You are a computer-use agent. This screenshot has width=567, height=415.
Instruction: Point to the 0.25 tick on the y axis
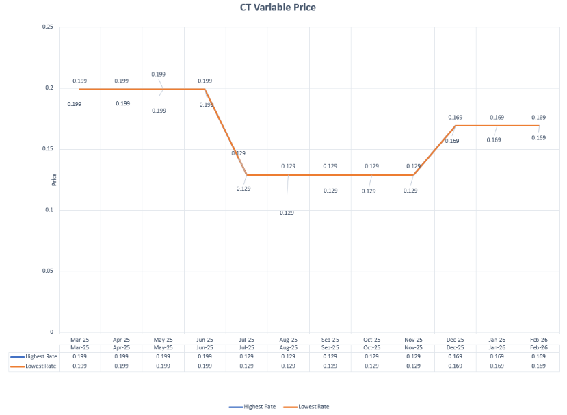point(48,27)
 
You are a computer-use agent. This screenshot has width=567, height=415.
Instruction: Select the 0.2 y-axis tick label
point(49,88)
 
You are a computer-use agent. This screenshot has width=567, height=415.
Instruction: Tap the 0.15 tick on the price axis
point(48,149)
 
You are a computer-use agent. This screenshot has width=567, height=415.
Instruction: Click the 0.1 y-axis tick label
point(49,210)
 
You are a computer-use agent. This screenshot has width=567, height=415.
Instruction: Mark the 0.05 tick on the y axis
point(48,271)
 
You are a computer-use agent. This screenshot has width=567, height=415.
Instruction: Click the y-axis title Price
point(54,180)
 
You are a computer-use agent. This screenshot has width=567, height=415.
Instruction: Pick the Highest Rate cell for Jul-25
point(246,356)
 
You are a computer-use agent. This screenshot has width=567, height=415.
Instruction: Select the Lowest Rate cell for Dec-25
point(455,366)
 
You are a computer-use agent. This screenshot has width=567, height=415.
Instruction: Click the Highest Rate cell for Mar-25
point(79,356)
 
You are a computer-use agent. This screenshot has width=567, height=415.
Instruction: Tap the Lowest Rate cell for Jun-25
point(205,366)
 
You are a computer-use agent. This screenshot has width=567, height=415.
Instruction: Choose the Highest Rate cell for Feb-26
point(538,356)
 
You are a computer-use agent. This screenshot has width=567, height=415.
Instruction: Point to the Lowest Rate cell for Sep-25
point(330,366)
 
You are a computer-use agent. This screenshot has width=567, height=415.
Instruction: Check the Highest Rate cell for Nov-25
point(413,356)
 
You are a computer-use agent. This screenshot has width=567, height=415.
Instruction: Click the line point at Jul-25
point(246,175)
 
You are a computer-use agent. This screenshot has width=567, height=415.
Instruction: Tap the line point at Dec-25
point(455,126)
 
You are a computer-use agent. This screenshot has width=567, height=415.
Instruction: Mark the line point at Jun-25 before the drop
point(205,90)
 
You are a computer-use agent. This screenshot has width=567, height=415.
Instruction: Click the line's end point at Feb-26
point(538,126)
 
